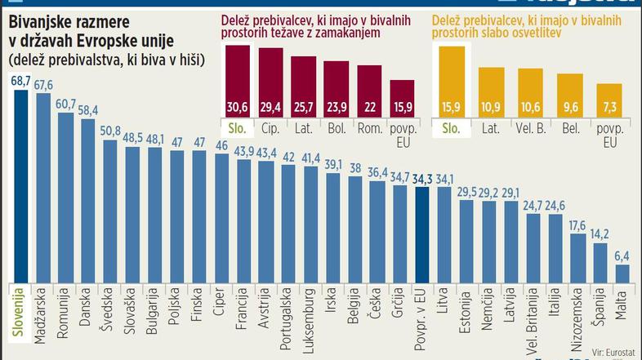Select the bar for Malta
click(622, 273)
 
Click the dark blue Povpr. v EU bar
click(421, 237)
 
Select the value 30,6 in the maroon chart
click(237, 107)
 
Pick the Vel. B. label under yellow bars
click(530, 128)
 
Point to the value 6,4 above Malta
click(622, 256)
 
